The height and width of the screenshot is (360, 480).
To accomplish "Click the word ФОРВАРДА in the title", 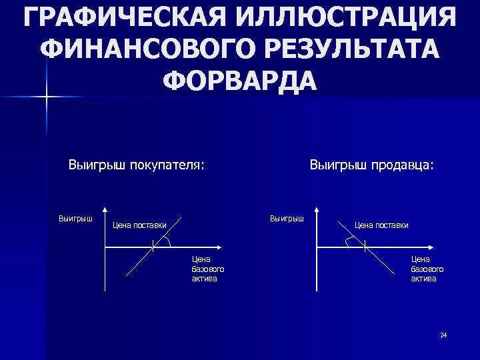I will point(240,79).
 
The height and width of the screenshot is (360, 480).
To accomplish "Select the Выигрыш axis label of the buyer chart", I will point(75,217).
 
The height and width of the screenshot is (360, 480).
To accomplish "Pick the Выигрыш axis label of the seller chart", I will point(287,217).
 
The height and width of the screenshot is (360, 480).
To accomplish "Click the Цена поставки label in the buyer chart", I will point(139,225).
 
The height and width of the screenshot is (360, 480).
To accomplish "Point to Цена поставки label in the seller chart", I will point(381,225).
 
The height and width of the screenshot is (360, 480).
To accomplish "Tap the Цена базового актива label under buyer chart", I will point(207,269).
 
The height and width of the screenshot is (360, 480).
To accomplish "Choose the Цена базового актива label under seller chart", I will point(427,269).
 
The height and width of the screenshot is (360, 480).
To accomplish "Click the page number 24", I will point(443,335).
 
